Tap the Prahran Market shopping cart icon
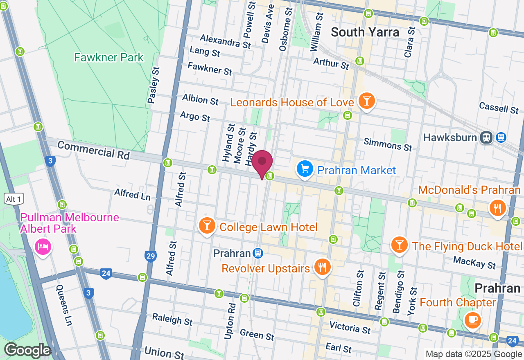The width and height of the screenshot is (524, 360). (x=305, y=169)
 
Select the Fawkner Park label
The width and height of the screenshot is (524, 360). (x=109, y=57)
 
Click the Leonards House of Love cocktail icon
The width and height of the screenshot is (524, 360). (x=366, y=100)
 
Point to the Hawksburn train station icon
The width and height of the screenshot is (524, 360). (x=487, y=137)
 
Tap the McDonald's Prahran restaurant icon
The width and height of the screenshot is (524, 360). (x=497, y=207)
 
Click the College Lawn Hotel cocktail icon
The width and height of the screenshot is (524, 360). (x=207, y=225)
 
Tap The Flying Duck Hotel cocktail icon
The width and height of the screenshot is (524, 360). (x=400, y=245)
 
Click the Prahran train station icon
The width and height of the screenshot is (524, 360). (x=257, y=253)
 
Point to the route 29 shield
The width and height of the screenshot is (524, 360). (x=151, y=256)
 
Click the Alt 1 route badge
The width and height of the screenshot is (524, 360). (x=14, y=199)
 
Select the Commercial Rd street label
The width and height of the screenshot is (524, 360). (x=93, y=150)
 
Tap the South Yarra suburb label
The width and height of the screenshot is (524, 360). (x=365, y=32)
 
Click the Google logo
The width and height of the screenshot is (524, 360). (x=27, y=350)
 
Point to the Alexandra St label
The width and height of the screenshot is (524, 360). (x=225, y=41)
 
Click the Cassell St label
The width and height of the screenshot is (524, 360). (x=499, y=108)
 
